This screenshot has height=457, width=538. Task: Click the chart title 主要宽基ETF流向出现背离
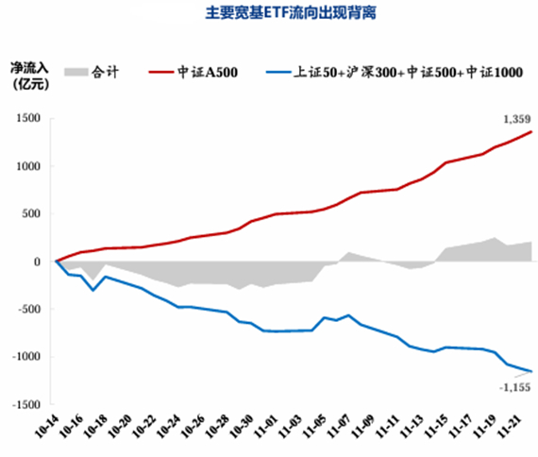pos(269,15)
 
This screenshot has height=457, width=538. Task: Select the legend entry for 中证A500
pos(200,72)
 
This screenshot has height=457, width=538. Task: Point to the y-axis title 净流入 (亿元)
pos(28,78)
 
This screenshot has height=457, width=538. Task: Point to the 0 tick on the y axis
pos(35,262)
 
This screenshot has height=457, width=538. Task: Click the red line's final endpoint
pos(530,132)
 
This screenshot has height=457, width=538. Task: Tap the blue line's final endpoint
pos(530,371)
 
